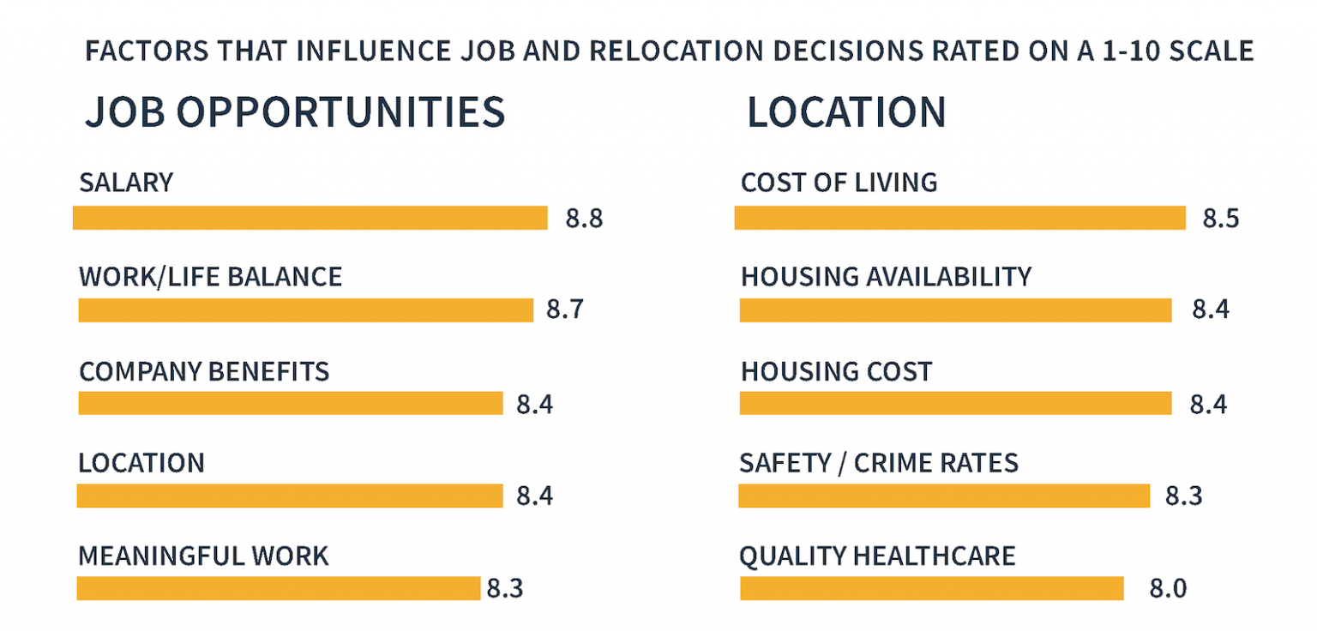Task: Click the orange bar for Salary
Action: pos(310,218)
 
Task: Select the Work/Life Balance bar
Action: pos(305,310)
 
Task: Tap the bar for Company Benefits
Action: pos(290,403)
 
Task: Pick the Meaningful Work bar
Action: pos(278,588)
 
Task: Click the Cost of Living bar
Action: pos(959,218)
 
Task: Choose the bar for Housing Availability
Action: pos(955,310)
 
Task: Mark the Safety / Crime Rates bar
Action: pos(943,496)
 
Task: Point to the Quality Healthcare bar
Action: pos(931,588)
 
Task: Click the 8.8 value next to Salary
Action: pos(584,219)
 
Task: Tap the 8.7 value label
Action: pos(565,309)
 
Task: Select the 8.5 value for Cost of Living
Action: pos(1221,219)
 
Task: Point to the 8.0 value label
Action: pos(1168,589)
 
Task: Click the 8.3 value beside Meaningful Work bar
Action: pos(505,589)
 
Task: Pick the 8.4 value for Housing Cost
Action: pos(1208,404)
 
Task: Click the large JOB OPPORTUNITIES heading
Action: pos(294,113)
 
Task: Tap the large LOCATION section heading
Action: pos(846,113)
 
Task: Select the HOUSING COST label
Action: pos(836,371)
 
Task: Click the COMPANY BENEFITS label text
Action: pos(204,371)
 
